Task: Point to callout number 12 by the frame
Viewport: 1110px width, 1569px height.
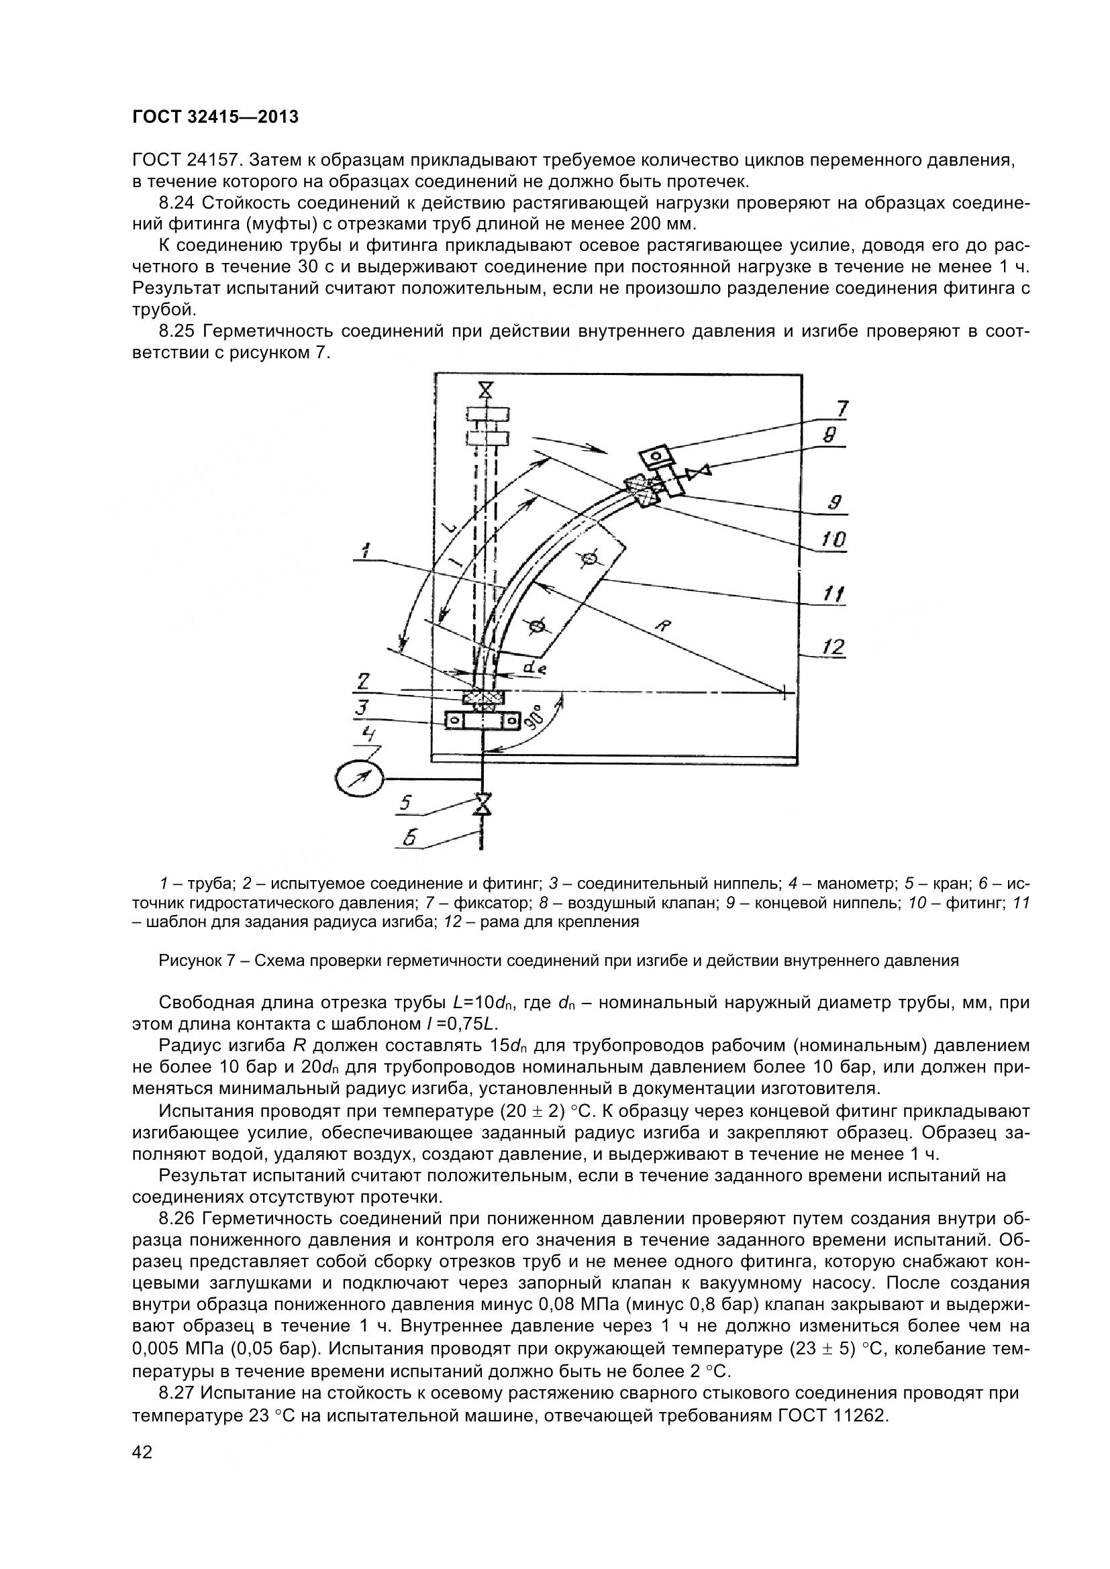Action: coord(832,647)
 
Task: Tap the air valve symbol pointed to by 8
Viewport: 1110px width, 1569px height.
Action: coord(701,471)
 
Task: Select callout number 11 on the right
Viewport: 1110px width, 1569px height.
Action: coord(832,594)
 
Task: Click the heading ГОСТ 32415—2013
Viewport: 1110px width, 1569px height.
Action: coord(215,117)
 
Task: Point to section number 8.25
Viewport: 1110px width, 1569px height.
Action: coord(177,331)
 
